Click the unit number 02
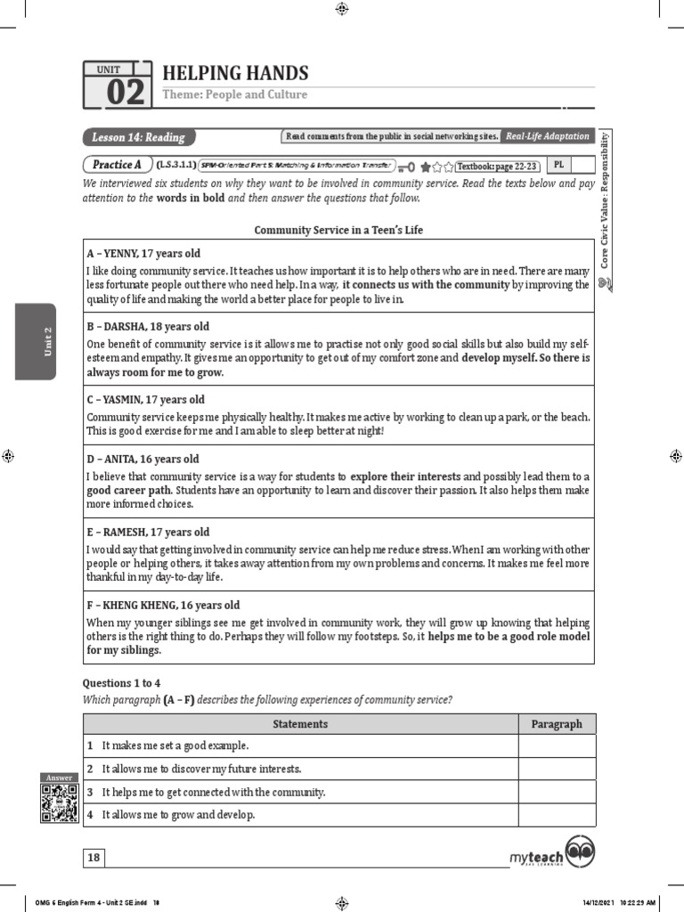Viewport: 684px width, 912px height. [125, 93]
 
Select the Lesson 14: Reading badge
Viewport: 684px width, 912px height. [139, 137]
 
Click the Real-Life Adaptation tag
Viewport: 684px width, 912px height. [547, 136]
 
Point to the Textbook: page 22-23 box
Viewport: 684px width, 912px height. [498, 166]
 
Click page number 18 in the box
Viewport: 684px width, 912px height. [94, 858]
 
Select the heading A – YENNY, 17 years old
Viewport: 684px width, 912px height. [143, 254]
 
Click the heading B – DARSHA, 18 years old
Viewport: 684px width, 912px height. [148, 327]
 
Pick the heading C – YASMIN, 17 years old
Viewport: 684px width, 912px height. [147, 400]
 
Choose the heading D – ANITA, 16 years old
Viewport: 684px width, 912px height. [142, 460]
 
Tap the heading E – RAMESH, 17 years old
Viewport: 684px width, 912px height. [148, 533]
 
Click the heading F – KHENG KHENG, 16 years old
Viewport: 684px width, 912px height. [163, 606]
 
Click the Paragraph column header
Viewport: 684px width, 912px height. [557, 724]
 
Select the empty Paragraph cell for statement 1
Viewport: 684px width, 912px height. [557, 745]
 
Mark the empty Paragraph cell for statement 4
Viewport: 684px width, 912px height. [557, 815]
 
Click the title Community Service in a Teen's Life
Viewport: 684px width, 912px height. [338, 230]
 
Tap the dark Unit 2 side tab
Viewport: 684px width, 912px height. [36, 342]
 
